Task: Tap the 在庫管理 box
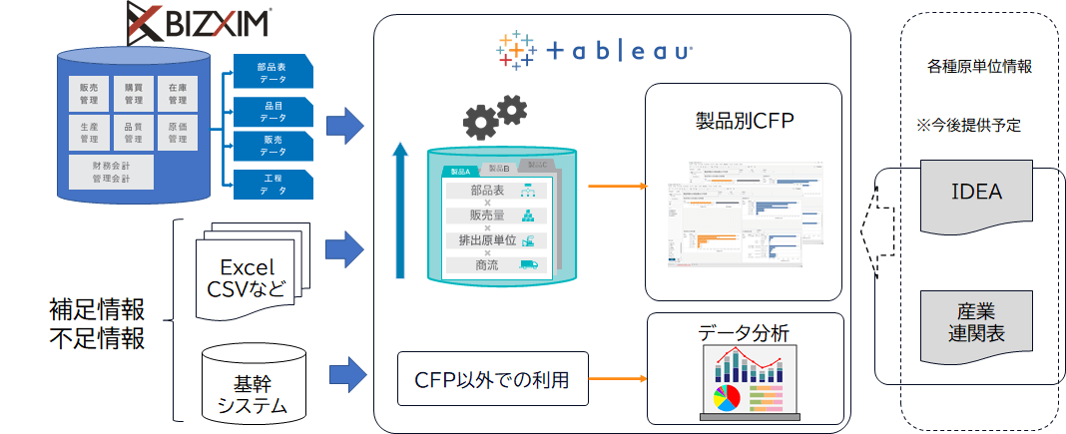pyautogui.click(x=177, y=93)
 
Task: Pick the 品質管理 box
pyautogui.click(x=133, y=133)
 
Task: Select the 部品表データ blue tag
pyautogui.click(x=271, y=72)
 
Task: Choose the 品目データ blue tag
pyautogui.click(x=271, y=111)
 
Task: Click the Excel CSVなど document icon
pyautogui.click(x=246, y=278)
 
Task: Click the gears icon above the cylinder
pyautogui.click(x=495, y=116)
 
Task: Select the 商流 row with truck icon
pyautogui.click(x=495, y=264)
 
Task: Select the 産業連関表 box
pyautogui.click(x=976, y=320)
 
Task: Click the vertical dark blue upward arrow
pyautogui.click(x=400, y=210)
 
